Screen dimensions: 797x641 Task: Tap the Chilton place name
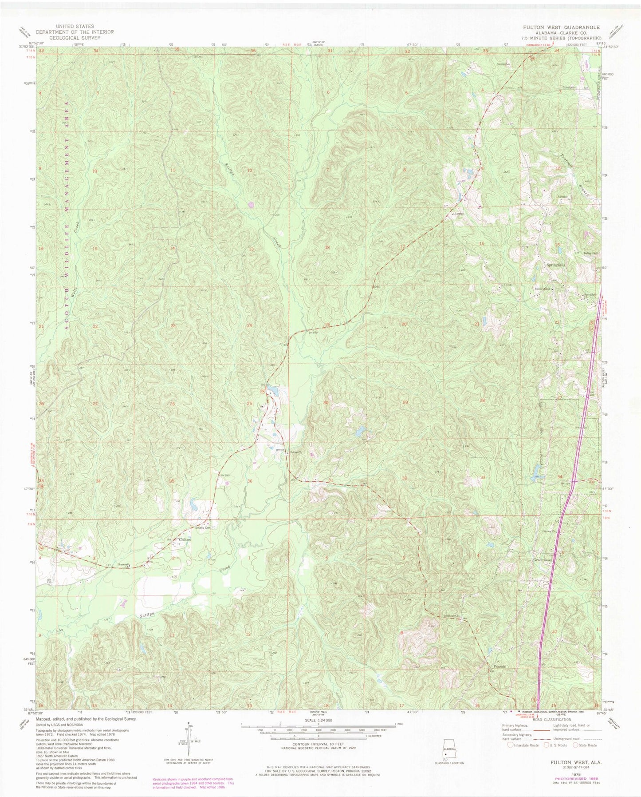click(x=185, y=539)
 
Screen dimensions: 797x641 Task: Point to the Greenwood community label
click(x=542, y=560)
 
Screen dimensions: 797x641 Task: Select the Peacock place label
click(x=500, y=666)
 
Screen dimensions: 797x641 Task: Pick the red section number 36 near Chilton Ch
click(x=250, y=481)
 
